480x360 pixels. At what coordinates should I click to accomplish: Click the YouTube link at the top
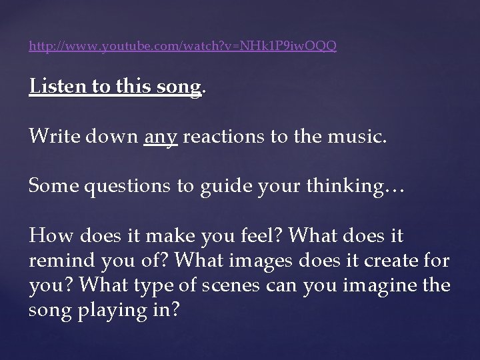[x=183, y=46]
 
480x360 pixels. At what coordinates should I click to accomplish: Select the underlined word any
[x=161, y=139]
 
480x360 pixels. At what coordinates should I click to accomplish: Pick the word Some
[x=51, y=187]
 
